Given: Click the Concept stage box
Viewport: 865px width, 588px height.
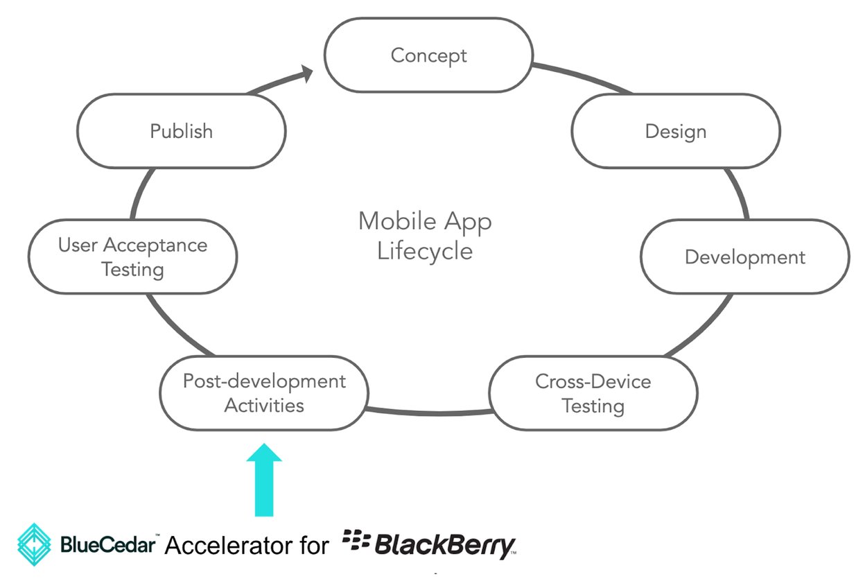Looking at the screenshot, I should (x=429, y=55).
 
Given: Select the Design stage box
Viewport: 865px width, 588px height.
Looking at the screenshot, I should (x=676, y=131).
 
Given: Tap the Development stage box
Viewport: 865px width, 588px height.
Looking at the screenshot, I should (x=745, y=257).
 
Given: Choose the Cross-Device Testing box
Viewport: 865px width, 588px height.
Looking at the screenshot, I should (x=593, y=393).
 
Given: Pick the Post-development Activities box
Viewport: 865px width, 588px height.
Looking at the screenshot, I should (x=264, y=393).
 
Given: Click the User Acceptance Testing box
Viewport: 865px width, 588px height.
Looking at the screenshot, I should (x=132, y=257).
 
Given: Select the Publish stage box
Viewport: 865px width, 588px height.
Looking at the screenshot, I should (x=182, y=131).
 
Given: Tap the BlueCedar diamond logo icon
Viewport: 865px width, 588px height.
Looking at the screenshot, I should (x=35, y=544).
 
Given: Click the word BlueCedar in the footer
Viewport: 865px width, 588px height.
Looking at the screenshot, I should (x=107, y=544).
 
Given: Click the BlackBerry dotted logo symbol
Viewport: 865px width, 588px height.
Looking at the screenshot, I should (x=356, y=542).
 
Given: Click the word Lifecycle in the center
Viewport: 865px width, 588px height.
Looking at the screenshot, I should (x=425, y=250).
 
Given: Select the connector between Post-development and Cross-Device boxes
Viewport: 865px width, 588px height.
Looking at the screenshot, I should (x=428, y=413).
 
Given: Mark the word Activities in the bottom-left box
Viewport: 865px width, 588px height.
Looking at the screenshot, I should (x=264, y=405).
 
